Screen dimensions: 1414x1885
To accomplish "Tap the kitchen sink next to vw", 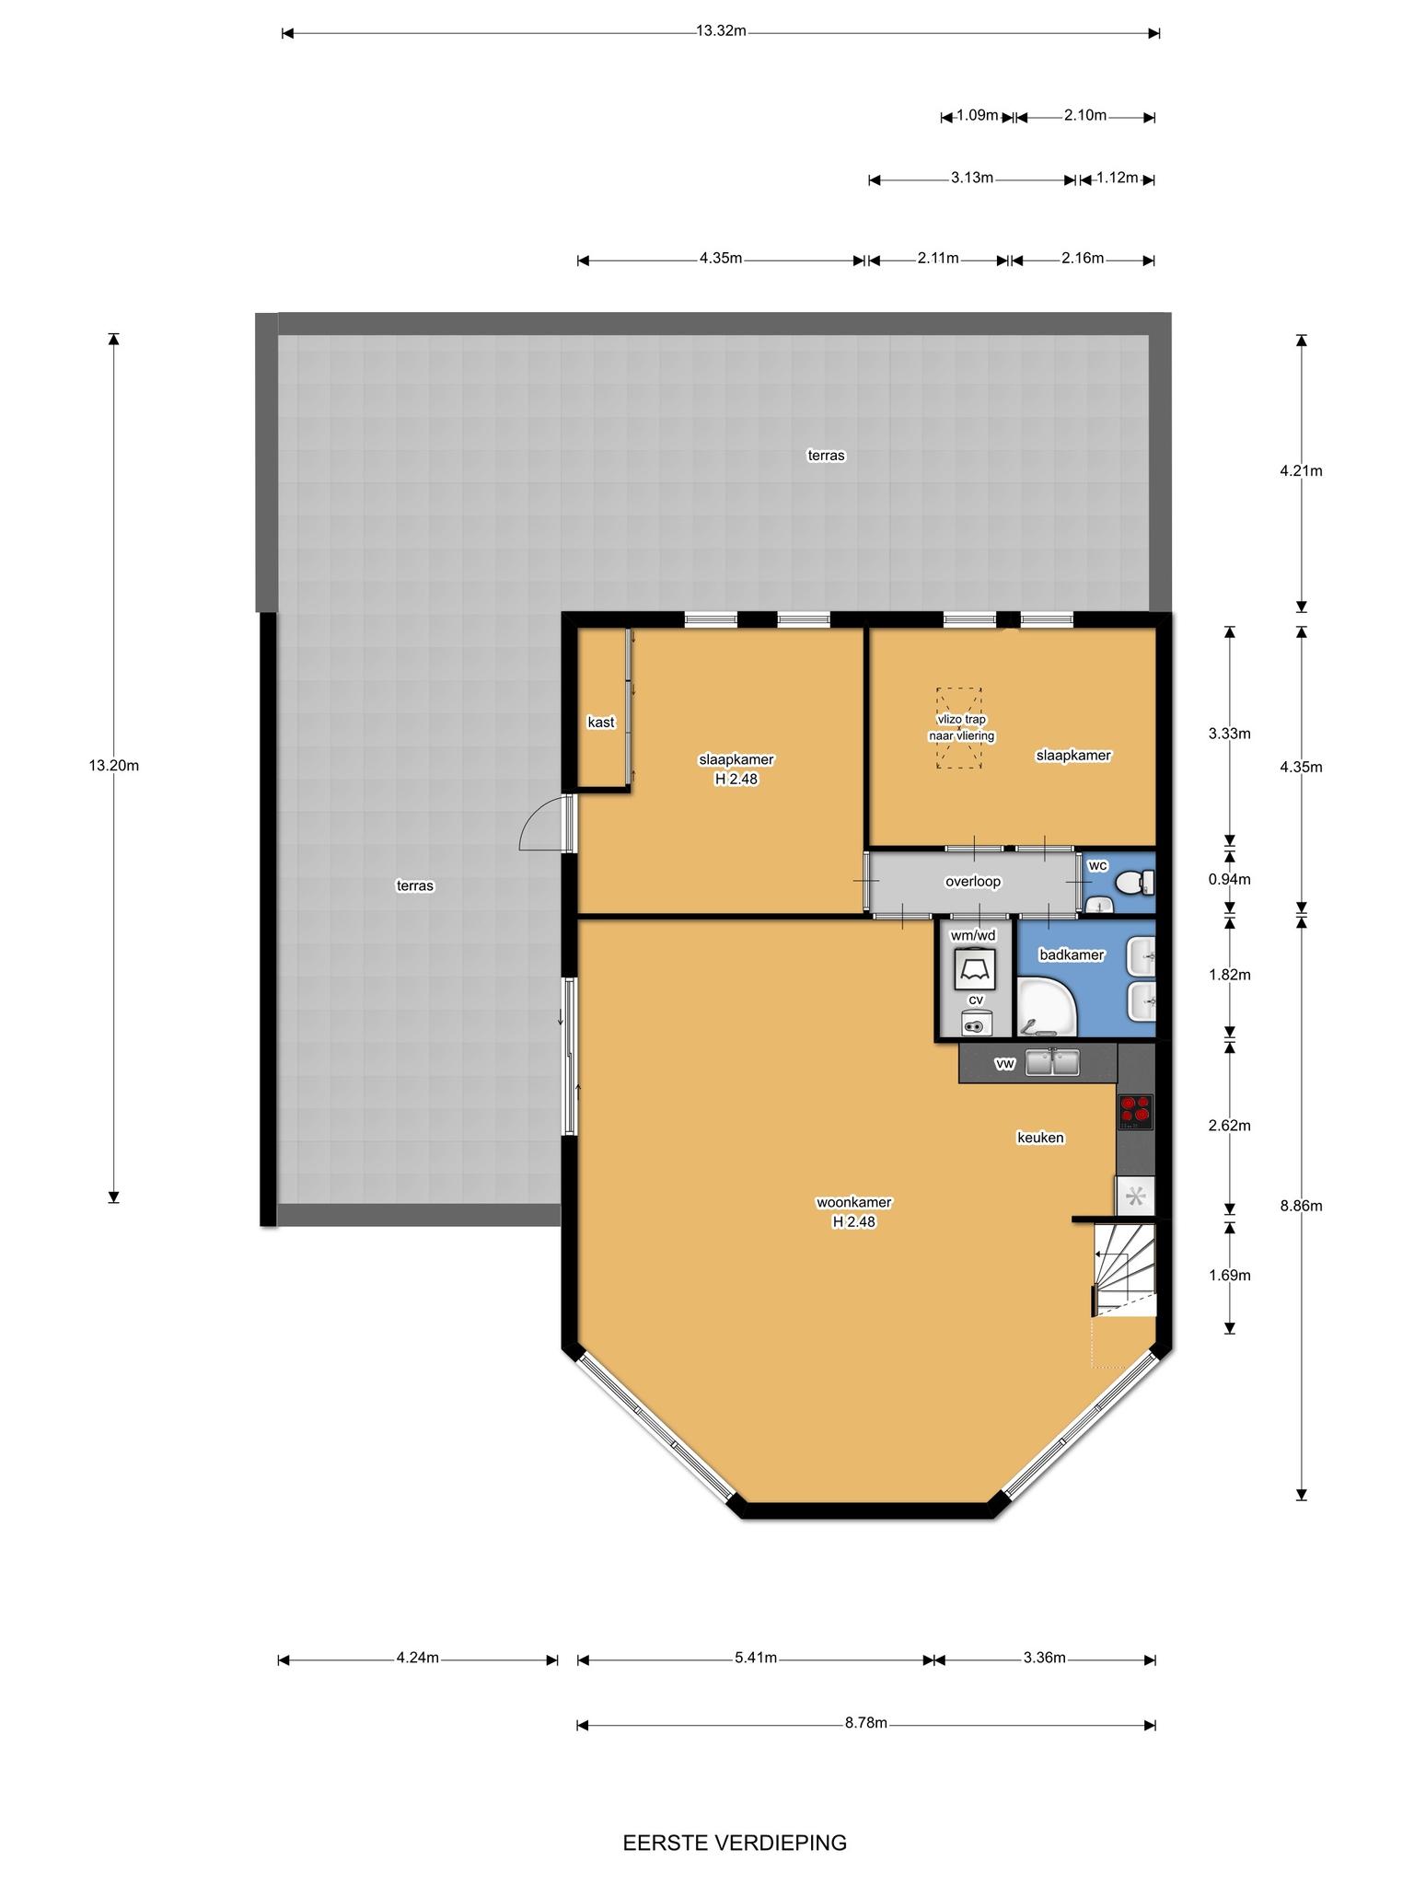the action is [x=1053, y=1062].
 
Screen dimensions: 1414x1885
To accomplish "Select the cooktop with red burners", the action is [x=1135, y=1111].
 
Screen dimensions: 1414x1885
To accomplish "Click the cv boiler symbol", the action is [x=976, y=1022].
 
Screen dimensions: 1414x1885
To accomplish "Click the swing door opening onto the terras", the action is [x=543, y=821].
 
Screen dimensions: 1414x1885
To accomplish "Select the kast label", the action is [x=601, y=723].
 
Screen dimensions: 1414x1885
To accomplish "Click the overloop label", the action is [x=973, y=882].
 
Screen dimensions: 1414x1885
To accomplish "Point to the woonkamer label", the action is [x=853, y=1202].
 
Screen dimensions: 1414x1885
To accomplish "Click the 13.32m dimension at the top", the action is [x=720, y=30].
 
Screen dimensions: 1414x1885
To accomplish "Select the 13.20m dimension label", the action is [x=114, y=765].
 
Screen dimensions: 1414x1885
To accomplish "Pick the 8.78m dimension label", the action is [x=866, y=1723].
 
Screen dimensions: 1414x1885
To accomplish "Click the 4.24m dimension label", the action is [x=418, y=1658].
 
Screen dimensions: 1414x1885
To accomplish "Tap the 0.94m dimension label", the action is [x=1230, y=879].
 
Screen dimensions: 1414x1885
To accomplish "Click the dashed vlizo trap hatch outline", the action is [x=960, y=728].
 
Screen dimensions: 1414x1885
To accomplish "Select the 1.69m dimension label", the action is [x=1230, y=1275].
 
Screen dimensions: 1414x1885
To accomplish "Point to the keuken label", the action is [x=1040, y=1138].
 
